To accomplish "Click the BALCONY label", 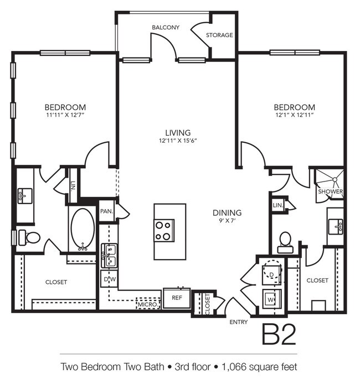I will tap(166, 27).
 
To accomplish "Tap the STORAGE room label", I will tap(219, 35).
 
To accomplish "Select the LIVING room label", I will tap(178, 133).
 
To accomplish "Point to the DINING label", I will tap(228, 212).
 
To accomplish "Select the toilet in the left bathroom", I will tap(30, 238).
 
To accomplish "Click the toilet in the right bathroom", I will tap(285, 241).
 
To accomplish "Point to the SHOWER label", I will tap(331, 192).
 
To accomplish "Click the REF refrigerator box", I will tap(177, 298).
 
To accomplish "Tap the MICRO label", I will tap(147, 304).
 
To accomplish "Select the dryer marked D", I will tap(272, 273).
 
